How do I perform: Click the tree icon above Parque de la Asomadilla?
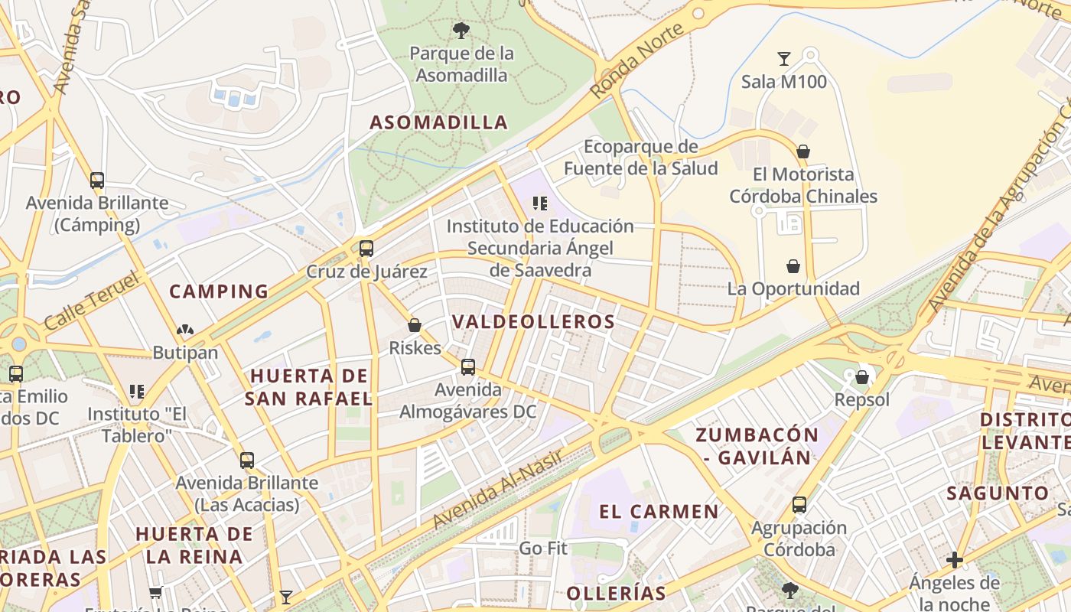(461, 31)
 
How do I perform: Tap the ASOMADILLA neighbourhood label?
(439, 122)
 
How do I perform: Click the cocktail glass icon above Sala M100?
(784, 59)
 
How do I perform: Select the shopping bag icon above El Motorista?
(803, 151)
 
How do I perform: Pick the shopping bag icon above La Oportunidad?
(793, 266)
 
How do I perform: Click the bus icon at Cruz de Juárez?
(366, 248)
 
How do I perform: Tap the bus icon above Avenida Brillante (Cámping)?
(97, 181)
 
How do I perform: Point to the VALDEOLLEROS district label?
(533, 322)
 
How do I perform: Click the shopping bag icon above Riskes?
(415, 325)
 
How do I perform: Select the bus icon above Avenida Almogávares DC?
(468, 367)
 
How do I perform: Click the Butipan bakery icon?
(185, 330)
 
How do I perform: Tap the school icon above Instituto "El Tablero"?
(137, 392)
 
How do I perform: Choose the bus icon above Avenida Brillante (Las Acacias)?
(247, 461)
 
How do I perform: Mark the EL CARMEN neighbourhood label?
(659, 512)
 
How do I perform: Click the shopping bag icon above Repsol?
(862, 377)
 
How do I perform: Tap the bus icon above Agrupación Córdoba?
(799, 505)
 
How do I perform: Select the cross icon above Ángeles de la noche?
(955, 560)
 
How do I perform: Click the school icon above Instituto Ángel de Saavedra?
(540, 203)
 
